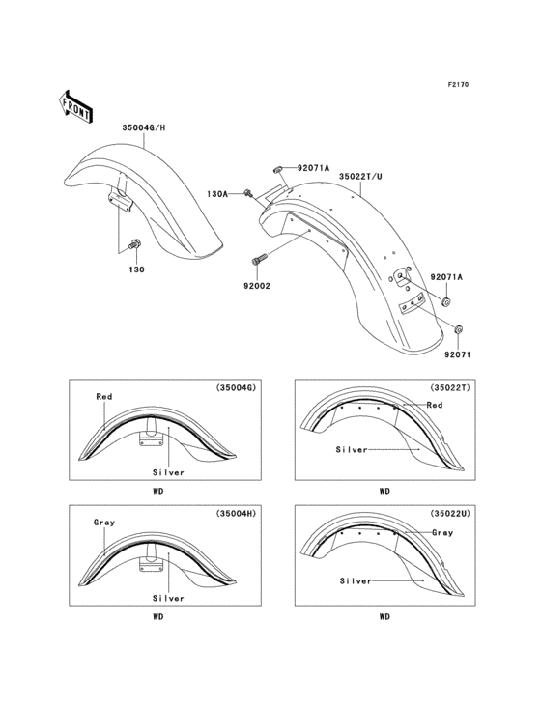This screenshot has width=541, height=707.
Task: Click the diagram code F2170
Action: pos(457,85)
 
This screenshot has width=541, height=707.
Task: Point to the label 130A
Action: pos(218,194)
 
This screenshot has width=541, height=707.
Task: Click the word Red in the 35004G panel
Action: pos(104,396)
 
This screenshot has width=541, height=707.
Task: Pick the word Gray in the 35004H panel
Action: pos(104,523)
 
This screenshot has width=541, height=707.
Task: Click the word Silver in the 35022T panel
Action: pos(353,449)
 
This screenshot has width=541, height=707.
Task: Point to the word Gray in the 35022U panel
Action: pos(443,532)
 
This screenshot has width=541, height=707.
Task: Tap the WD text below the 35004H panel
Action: pos(157,615)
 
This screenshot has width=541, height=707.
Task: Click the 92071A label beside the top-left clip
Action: pos(313,168)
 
